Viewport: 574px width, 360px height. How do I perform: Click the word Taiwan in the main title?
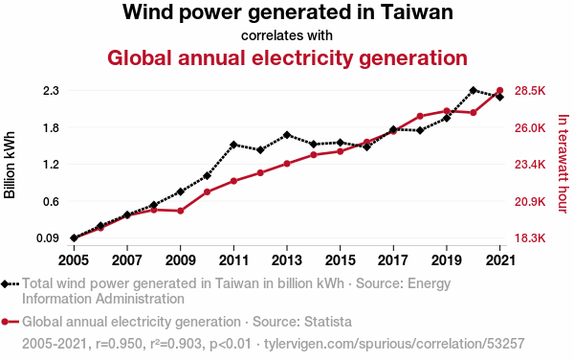[x=416, y=11]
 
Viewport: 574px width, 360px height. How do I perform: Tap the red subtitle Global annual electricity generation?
[x=287, y=58]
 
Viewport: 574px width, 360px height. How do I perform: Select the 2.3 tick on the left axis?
[x=51, y=91]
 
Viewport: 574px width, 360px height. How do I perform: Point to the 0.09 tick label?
[x=48, y=238]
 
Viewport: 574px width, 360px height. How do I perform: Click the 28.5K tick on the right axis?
[x=530, y=91]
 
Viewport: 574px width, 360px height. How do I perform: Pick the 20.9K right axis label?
[x=530, y=202]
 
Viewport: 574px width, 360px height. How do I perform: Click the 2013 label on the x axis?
[x=287, y=260]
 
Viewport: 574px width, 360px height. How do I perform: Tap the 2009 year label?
[x=181, y=260]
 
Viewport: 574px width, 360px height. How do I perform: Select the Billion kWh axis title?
[x=10, y=165]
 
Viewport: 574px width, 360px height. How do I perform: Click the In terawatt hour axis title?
[x=563, y=164]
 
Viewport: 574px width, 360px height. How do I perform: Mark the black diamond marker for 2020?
[x=473, y=90]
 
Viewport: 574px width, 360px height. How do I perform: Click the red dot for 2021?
[x=499, y=90]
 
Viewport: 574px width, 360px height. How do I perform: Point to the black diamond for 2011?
[x=233, y=145]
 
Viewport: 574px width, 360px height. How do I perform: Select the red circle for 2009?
[x=181, y=211]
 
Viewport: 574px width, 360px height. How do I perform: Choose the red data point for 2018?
[x=420, y=117]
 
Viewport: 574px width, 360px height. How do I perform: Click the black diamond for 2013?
[x=287, y=135]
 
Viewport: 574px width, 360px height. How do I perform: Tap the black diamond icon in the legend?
[x=5, y=284]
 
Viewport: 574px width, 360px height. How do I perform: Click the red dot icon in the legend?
[x=5, y=322]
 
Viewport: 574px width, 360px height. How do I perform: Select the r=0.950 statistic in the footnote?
[x=119, y=344]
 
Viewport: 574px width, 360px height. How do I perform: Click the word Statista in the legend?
[x=328, y=322]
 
